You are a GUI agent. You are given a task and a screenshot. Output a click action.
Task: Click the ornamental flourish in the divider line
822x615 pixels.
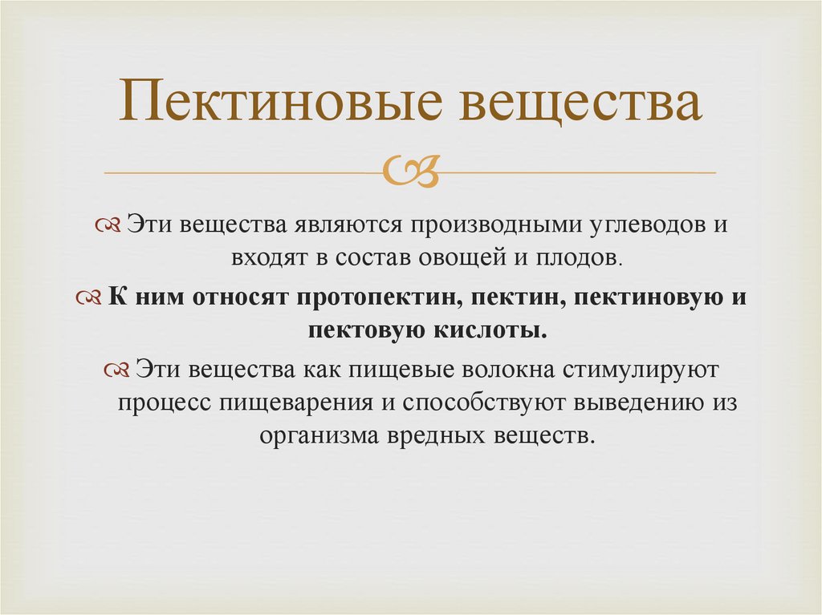coord(411,172)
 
